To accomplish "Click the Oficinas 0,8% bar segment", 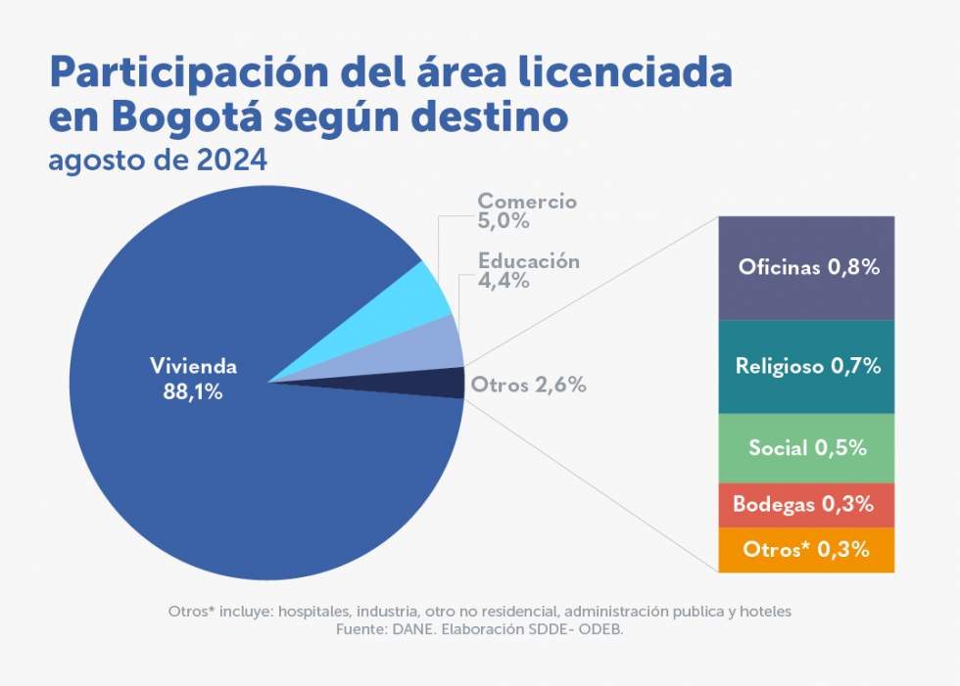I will point(806,267).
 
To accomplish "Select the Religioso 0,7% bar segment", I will point(806,367).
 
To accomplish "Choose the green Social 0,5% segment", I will point(806,448).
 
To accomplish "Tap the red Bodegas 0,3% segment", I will point(806,505).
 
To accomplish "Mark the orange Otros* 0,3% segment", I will point(806,550).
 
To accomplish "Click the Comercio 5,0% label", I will point(526,210).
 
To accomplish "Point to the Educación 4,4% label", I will point(528,271).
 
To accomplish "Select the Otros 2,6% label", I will point(528,385).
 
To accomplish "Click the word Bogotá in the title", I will point(187,116).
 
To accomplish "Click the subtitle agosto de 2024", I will point(158,160).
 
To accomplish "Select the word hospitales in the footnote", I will point(319,612).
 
